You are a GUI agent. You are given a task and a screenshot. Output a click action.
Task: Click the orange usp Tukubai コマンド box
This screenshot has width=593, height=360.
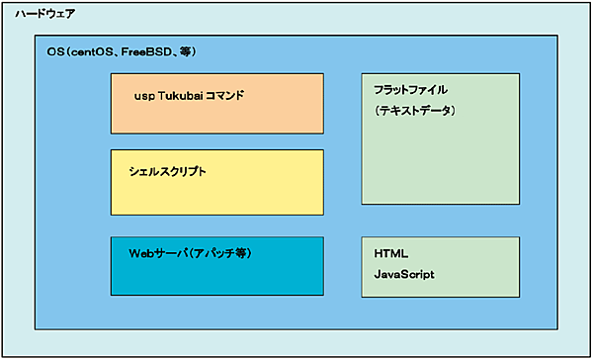point(216,104)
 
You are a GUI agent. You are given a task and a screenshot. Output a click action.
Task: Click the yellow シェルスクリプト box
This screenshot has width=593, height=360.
point(216,182)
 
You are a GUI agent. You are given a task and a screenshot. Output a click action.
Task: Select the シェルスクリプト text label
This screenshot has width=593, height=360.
point(168,172)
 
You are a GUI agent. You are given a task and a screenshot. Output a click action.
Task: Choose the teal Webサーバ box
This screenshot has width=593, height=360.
point(216,265)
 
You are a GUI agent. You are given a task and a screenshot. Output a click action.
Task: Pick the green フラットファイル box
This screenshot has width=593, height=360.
point(440,138)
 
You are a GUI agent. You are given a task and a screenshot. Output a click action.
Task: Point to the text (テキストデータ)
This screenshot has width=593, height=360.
point(414,111)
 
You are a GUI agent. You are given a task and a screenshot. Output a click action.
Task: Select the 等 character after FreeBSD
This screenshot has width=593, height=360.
point(185,51)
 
